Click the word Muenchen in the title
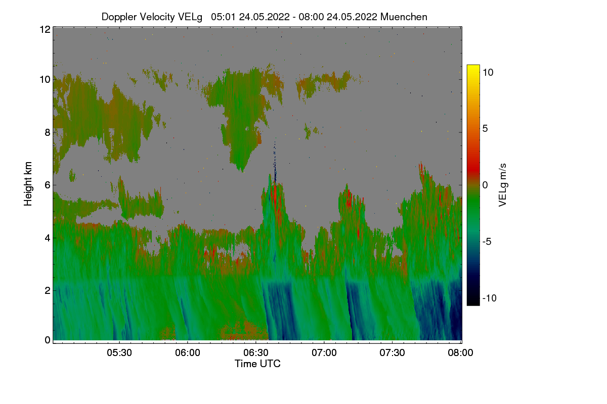404,17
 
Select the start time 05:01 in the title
224,17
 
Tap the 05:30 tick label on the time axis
119,352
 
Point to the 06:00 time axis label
188,352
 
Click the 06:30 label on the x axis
256,352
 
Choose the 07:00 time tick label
324,352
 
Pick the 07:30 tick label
392,352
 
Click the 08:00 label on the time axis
460,352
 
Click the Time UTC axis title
257,364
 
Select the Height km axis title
28,184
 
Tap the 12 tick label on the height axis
45,29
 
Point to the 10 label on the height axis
45,80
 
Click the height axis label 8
48,132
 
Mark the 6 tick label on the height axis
48,185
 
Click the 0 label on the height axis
48,340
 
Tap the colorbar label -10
490,298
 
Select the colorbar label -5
487,241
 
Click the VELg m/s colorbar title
502,185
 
